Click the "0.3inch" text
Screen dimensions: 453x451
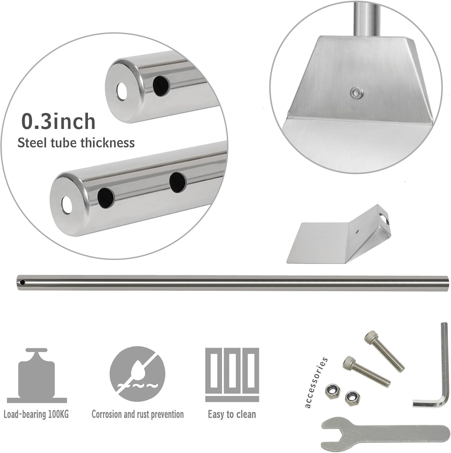pyautogui.click(x=58, y=121)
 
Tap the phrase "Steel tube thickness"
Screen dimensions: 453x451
pyautogui.click(x=76, y=143)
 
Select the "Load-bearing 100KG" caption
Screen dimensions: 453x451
pyautogui.click(x=36, y=414)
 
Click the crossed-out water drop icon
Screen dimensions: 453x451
pyautogui.click(x=137, y=374)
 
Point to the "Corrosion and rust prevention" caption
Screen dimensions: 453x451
pyautogui.click(x=138, y=414)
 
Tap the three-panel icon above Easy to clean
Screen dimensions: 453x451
pyautogui.click(x=232, y=374)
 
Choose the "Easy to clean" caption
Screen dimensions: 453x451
pyautogui.click(x=232, y=414)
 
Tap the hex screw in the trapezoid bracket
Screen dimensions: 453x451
pyautogui.click(x=356, y=92)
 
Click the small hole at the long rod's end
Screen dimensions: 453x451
pyautogui.click(x=22, y=283)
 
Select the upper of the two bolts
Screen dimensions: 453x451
pyautogui.click(x=384, y=350)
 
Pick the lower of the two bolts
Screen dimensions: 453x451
pyautogui.click(x=366, y=371)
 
